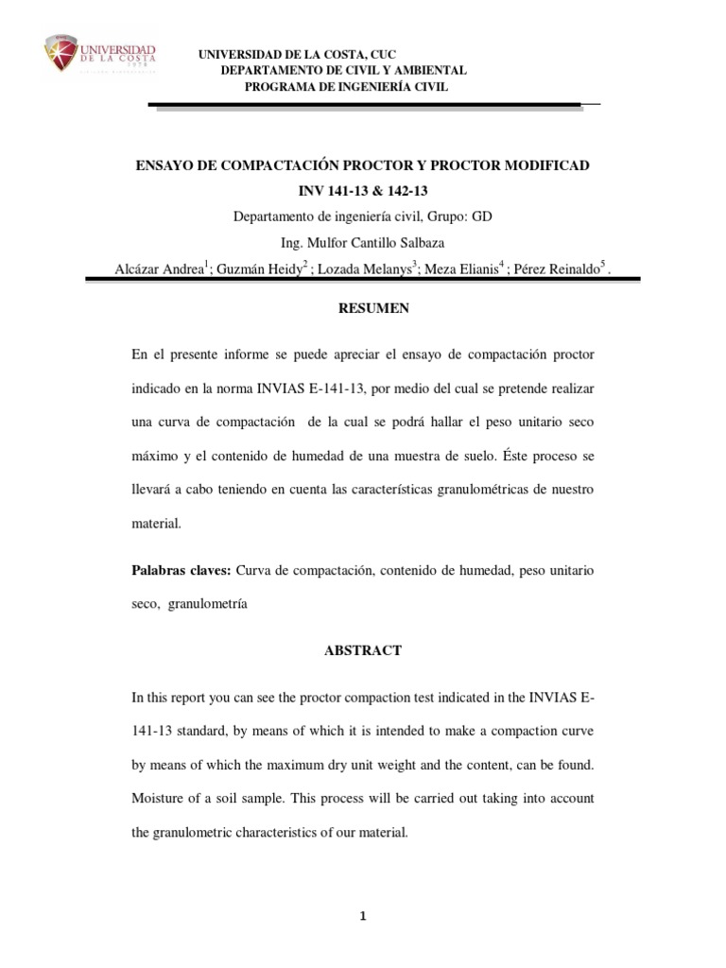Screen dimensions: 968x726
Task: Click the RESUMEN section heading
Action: coord(363,307)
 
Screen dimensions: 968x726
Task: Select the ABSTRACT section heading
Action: coord(363,650)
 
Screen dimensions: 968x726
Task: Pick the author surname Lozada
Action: coord(342,268)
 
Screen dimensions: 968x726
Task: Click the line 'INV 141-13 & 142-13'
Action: coord(363,191)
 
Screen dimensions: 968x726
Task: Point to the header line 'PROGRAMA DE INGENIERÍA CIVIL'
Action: coord(347,87)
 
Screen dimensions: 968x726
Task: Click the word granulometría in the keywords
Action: coord(207,604)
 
